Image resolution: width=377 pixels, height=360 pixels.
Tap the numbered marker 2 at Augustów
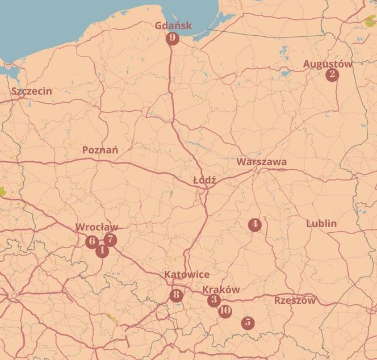332,75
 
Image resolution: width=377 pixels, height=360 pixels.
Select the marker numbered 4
254,225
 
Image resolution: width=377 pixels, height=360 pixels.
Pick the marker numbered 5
248,323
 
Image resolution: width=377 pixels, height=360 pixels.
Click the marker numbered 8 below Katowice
176,295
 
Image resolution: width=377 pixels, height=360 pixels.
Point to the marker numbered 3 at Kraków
213,300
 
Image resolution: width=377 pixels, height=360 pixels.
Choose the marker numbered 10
225,311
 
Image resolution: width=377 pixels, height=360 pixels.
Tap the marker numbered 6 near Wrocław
91,241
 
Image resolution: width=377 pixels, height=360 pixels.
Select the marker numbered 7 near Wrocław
110,240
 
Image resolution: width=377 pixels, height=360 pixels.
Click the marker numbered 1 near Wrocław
102,250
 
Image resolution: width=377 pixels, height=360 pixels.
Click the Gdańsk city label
174,26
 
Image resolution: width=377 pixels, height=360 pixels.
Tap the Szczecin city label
32,91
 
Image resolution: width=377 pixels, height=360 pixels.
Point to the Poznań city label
100,150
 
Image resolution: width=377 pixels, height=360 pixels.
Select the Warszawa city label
262,162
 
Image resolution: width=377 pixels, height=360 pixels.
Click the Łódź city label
204,179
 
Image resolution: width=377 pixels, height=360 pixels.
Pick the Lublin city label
321,224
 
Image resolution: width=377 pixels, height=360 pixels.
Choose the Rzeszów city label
295,300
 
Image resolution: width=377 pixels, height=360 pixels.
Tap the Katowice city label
187,275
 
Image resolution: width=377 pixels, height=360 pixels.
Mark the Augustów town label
328,64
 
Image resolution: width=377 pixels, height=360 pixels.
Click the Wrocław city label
97,228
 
